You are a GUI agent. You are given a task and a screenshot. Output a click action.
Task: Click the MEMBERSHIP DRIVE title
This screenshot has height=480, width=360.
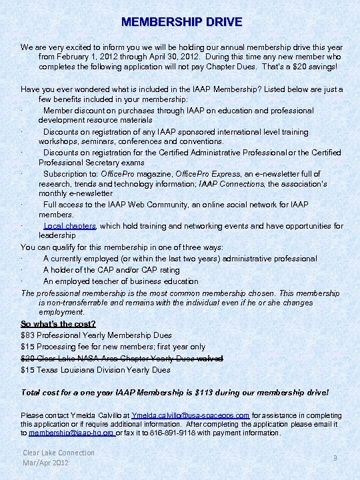(181, 22)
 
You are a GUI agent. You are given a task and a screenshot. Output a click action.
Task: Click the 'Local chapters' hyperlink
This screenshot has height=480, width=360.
(70, 226)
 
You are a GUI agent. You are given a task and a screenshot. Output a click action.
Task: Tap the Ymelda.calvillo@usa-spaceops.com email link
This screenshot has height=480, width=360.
(191, 415)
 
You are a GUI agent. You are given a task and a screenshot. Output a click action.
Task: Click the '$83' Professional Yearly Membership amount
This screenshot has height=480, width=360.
(27, 335)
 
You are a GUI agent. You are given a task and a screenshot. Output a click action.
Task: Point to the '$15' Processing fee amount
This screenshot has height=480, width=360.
(27, 347)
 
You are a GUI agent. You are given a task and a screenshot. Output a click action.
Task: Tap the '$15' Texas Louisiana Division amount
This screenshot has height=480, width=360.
(27, 369)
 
